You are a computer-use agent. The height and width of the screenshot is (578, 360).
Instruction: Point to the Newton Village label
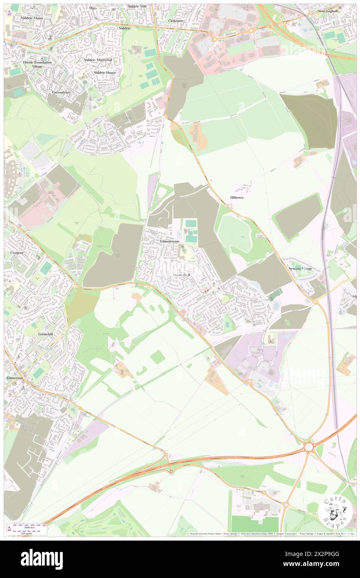300,269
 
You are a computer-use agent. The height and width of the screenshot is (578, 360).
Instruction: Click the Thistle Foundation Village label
37,64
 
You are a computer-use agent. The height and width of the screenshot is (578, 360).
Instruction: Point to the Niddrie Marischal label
98,60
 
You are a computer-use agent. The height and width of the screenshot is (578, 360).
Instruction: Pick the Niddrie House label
105,72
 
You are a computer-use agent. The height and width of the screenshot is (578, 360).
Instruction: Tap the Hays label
93,8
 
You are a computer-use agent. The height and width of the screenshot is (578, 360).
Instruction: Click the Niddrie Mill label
137,7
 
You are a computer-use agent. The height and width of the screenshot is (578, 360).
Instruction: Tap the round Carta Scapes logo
335,511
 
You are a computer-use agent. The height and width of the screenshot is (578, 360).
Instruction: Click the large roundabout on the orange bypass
308,447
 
